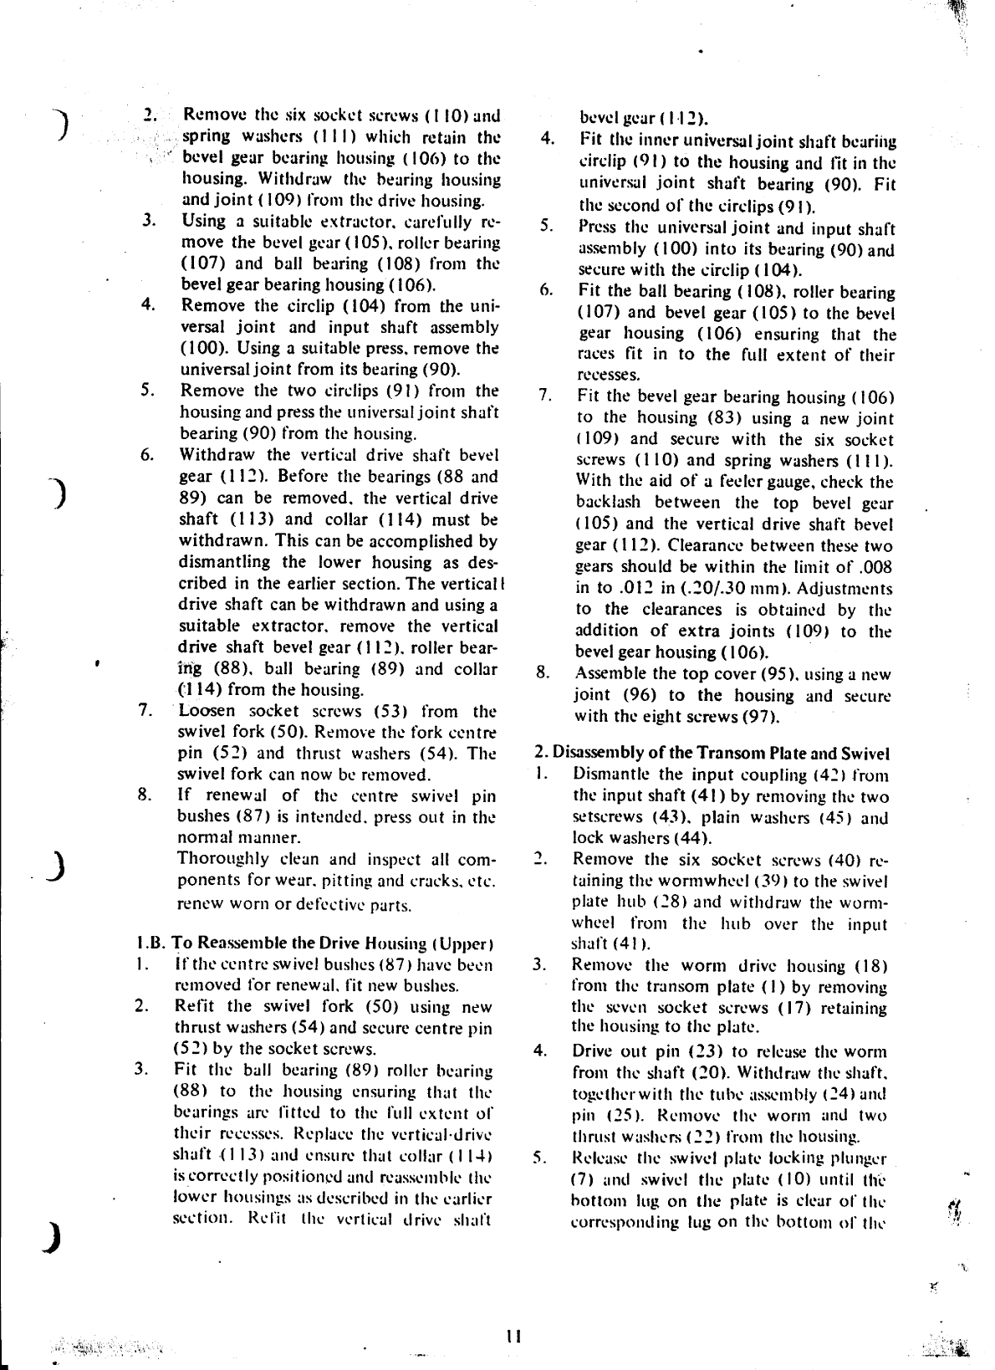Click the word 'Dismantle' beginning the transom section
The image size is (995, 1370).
pos(608,774)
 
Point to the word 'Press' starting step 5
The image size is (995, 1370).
pos(596,227)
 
